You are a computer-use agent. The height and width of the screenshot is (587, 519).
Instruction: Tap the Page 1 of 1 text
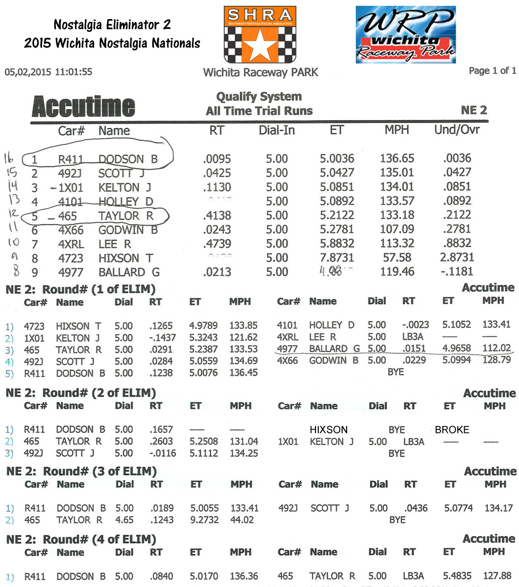tap(492, 70)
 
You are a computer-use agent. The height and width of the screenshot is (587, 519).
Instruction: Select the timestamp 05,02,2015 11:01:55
tap(48, 72)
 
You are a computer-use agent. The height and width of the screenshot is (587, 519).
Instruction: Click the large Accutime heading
tap(83, 107)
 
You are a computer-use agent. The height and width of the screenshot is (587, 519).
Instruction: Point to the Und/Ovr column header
tap(457, 130)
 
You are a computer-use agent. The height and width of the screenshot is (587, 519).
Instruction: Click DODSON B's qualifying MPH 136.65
tap(397, 158)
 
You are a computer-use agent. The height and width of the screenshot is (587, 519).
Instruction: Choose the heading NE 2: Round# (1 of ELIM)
tap(80, 289)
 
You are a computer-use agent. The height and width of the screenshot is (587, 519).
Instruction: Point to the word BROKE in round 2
tap(452, 429)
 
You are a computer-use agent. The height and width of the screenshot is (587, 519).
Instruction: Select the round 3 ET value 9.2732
tap(205, 519)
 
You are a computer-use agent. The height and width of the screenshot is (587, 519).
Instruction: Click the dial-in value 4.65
tap(124, 519)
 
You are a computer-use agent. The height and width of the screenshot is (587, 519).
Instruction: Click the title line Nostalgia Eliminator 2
tap(112, 25)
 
